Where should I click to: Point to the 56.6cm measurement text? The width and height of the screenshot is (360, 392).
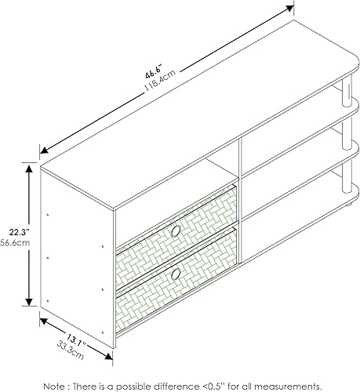13,242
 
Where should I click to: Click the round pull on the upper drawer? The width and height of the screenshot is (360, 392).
175,231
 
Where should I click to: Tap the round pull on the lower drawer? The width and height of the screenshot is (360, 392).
176,273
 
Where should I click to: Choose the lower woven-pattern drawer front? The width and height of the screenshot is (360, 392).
176,274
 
